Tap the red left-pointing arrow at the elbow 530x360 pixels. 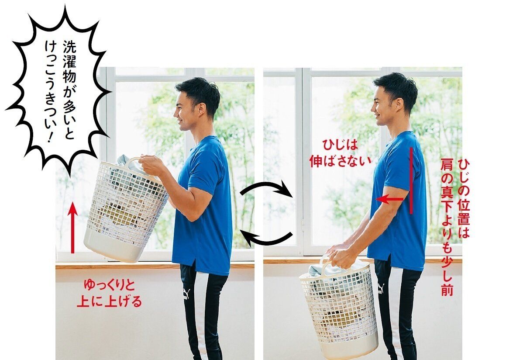(390, 199)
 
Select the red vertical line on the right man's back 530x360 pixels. (411, 180)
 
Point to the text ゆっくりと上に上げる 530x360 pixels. (109, 294)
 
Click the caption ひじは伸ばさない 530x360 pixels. (341, 154)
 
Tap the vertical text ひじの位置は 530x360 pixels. (464, 199)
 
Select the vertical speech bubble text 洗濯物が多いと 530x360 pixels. (69, 90)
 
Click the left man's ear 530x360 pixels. (202, 110)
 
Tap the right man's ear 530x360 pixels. (399, 104)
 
